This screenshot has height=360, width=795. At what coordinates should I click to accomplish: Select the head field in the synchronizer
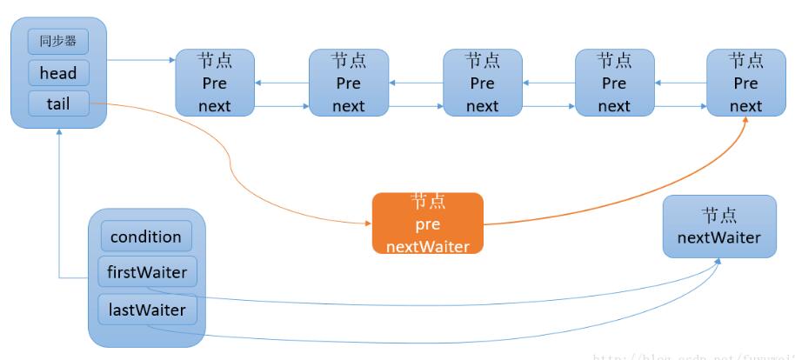point(58,73)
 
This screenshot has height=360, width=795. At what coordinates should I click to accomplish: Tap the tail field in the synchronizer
point(58,104)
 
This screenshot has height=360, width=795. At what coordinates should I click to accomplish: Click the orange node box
point(427,223)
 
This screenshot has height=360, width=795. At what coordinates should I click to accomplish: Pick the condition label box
point(146,237)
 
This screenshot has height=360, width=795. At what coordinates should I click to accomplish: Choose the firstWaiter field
point(146,273)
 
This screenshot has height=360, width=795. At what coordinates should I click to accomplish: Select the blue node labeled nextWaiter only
point(718,226)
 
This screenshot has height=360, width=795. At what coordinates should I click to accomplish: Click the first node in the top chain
point(215,83)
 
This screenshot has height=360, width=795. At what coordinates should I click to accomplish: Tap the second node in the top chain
point(348,83)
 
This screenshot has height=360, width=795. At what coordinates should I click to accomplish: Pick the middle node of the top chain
point(482,83)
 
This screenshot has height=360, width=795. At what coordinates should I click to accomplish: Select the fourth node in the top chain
point(614,83)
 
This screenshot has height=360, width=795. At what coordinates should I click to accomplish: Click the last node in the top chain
point(745,83)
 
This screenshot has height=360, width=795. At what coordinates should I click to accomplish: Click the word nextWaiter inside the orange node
point(427,246)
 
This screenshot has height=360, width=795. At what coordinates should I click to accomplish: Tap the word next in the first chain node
point(215,106)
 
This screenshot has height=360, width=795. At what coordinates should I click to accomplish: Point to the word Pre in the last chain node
point(745,83)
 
